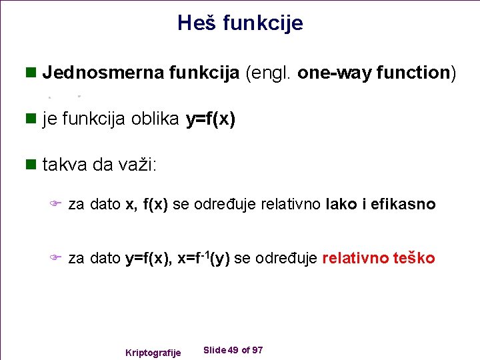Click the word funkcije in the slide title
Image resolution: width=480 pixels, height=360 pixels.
263,23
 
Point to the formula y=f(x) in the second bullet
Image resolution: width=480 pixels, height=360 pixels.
210,119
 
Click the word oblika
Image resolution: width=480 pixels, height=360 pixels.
155,119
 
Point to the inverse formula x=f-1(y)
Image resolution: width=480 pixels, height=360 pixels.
203,258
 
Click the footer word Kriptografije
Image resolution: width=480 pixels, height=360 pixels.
153,352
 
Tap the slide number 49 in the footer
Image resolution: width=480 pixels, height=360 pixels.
233,350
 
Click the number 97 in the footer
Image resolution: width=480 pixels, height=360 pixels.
257,350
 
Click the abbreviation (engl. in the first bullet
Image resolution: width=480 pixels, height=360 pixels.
269,73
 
